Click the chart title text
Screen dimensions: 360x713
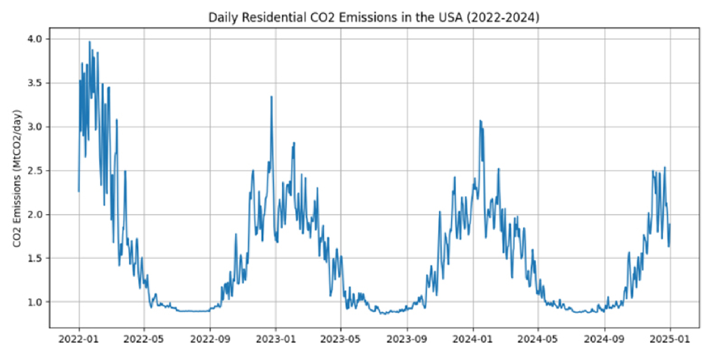[373, 17]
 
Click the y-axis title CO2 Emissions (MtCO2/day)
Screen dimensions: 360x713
[17, 178]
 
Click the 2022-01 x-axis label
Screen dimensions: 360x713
[78, 339]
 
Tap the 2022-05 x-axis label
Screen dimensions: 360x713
[144, 339]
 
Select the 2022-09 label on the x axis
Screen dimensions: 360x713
[210, 339]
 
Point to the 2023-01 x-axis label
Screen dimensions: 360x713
[276, 339]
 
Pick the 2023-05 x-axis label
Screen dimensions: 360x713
[341, 339]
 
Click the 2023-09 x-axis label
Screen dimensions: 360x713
[407, 339]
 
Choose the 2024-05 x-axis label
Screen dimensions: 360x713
[538, 339]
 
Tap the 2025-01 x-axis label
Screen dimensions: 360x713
[670, 339]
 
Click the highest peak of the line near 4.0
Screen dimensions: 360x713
[90, 42]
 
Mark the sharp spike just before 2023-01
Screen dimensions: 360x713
[271, 97]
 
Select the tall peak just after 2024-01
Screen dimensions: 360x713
[480, 121]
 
